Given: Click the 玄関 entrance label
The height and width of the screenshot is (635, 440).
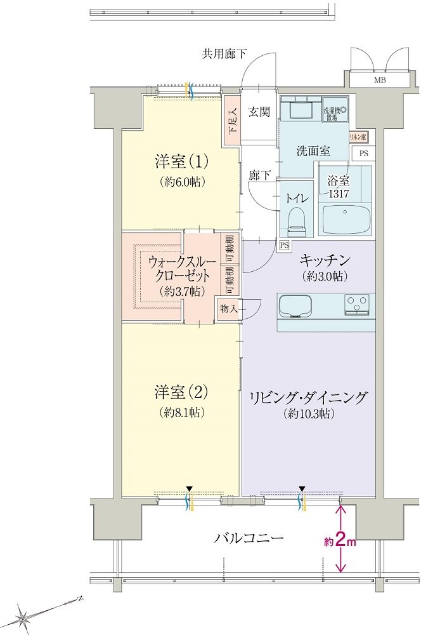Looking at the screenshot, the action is click(x=259, y=112).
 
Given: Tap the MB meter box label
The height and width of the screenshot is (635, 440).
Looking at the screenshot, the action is click(x=380, y=80).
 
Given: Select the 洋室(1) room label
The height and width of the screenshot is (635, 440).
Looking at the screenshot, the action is click(x=181, y=162).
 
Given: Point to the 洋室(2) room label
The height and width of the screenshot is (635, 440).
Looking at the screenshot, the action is click(x=181, y=392).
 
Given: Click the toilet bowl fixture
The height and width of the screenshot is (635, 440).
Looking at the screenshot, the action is click(x=297, y=222).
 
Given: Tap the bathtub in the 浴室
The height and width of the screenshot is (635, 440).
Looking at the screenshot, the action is click(x=347, y=219).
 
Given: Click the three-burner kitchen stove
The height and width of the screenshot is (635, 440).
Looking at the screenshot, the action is click(x=357, y=304).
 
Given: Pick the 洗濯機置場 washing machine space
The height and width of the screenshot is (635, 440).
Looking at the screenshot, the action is click(x=335, y=109).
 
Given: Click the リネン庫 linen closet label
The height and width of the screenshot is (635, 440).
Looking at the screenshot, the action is click(x=358, y=138).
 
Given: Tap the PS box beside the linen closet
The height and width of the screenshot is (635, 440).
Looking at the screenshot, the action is click(x=364, y=154).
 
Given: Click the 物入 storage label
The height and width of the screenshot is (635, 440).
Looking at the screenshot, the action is click(x=229, y=309).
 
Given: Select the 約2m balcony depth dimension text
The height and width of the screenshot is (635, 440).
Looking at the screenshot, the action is click(x=340, y=542).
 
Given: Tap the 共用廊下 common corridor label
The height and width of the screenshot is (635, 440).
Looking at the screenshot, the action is click(x=224, y=54).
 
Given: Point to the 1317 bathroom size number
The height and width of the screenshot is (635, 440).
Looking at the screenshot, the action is click(x=339, y=194).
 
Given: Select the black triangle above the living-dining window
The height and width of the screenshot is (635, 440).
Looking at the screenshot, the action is click(x=302, y=488).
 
